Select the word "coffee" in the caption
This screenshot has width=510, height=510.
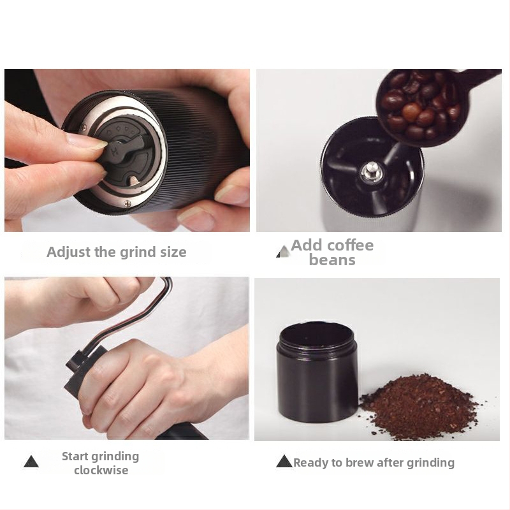[x=349, y=245]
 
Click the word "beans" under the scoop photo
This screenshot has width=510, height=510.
[x=332, y=260]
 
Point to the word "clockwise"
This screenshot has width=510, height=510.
[x=101, y=470]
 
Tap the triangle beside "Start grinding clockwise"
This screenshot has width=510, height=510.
[x=31, y=462]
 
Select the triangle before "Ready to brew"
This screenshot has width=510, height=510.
[x=284, y=461]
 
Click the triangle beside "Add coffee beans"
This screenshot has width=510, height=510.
[x=283, y=251]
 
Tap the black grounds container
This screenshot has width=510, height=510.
[x=317, y=372]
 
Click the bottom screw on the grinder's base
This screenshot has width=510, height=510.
[x=127, y=203]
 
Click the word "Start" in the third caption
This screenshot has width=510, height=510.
[x=75, y=456]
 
